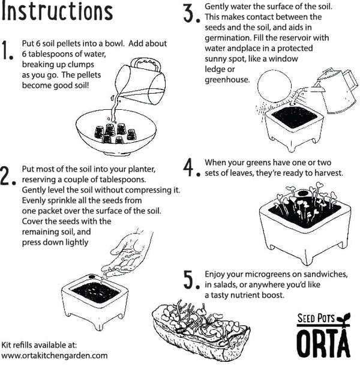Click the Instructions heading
[57, 12]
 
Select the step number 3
[190, 13]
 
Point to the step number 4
[191, 168]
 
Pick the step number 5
[190, 279]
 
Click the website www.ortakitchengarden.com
[55, 355]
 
